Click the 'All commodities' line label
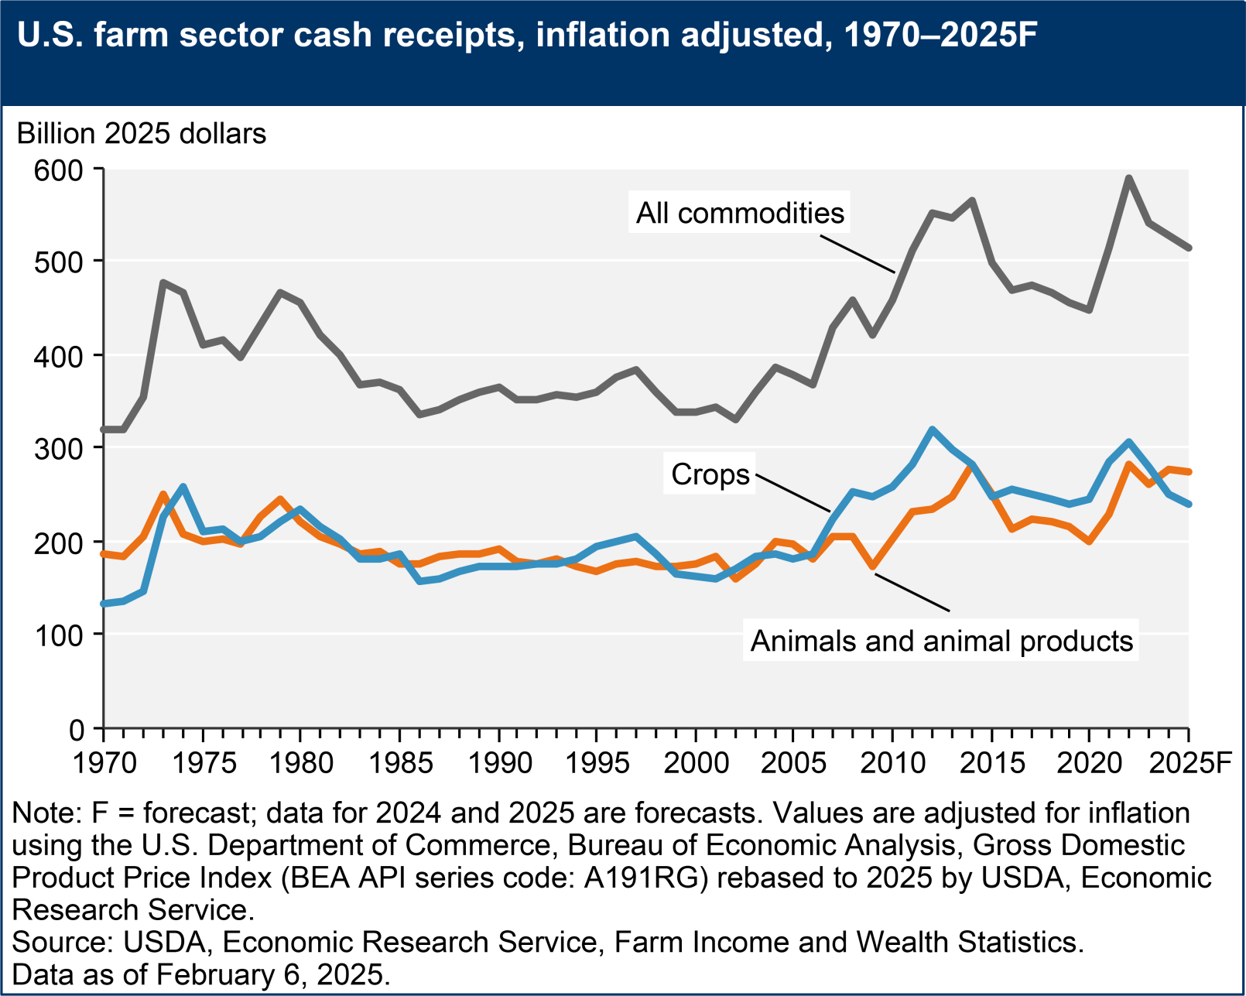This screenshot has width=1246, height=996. pyautogui.click(x=740, y=213)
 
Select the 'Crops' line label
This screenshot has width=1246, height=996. pyautogui.click(x=710, y=474)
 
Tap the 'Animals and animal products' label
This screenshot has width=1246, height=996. pyautogui.click(x=941, y=641)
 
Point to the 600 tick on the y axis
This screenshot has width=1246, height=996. pyautogui.click(x=58, y=169)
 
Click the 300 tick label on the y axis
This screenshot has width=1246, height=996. pyautogui.click(x=58, y=449)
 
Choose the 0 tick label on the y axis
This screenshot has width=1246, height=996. pyautogui.click(x=76, y=729)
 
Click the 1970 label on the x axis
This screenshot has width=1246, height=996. pyautogui.click(x=104, y=763)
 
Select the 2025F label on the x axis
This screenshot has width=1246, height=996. pyautogui.click(x=1190, y=763)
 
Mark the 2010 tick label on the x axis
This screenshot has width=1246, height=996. pyautogui.click(x=892, y=763)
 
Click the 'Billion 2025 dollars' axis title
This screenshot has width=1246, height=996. pyautogui.click(x=142, y=134)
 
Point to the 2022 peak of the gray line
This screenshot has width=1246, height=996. pyautogui.click(x=1129, y=178)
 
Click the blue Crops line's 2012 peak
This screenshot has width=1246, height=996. pyautogui.click(x=932, y=429)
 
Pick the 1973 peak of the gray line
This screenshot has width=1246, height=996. pyautogui.click(x=163, y=282)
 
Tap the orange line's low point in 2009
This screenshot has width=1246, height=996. pyautogui.click(x=873, y=566)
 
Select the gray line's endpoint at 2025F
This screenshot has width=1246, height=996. pyautogui.click(x=1189, y=248)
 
